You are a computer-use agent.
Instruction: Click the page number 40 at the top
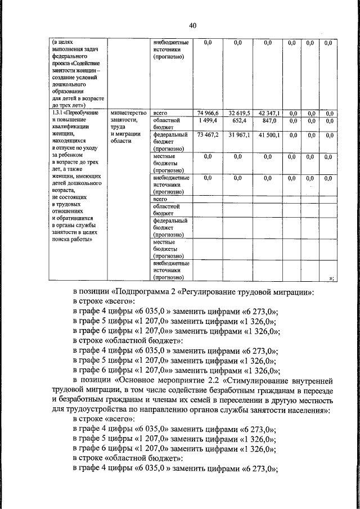[192, 25]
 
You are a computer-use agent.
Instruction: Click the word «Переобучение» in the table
[83, 113]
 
